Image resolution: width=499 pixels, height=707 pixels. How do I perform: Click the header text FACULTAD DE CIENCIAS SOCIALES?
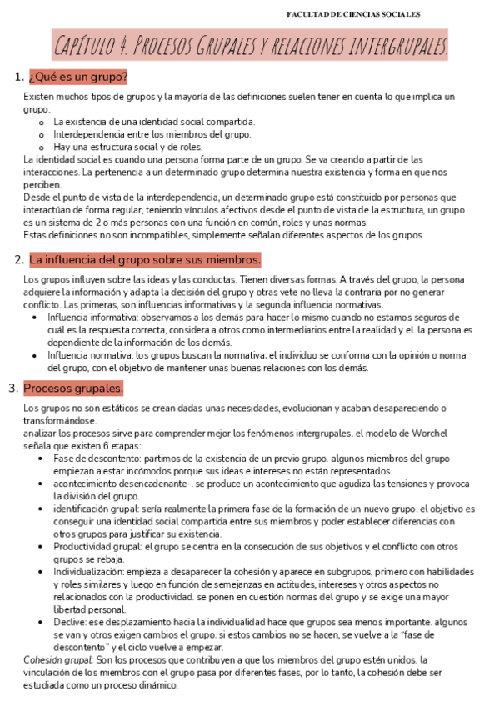coord(353,14)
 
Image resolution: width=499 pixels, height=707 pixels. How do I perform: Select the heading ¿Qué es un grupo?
coord(77,78)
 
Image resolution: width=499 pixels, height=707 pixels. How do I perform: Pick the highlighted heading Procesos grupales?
coord(73,389)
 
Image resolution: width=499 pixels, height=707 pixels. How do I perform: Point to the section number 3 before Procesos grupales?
coord(12,389)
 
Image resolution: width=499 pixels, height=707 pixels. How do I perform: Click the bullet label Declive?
coord(69,621)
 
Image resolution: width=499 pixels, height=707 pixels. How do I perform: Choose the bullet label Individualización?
coord(87,572)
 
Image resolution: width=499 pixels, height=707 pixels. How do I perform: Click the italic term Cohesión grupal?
coord(58,659)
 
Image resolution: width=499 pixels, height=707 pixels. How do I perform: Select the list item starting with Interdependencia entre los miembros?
coord(152,133)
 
